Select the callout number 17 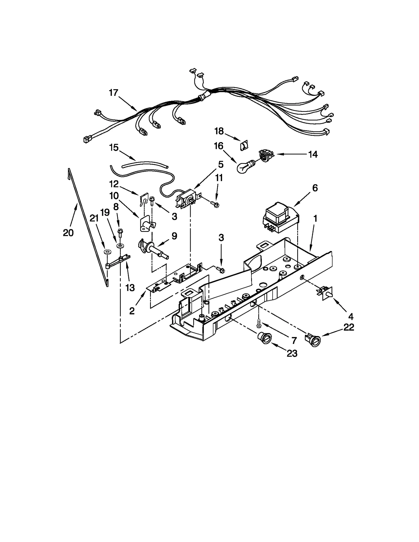point(114,93)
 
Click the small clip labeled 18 point(244,146)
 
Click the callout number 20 point(68,232)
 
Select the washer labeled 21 point(107,252)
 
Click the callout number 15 point(114,148)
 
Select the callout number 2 point(132,311)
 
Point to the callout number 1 point(315,219)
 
